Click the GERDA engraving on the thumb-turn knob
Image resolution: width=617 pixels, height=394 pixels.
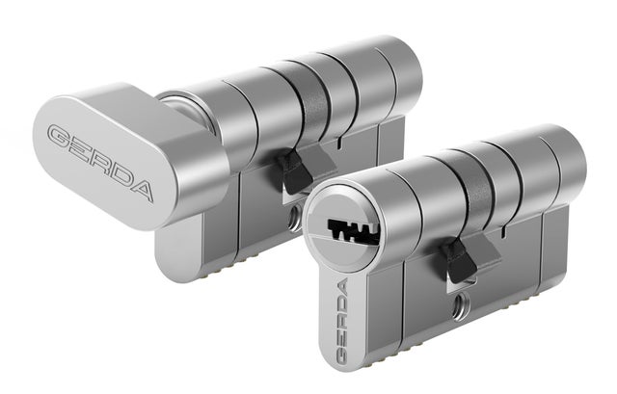pos(100,162)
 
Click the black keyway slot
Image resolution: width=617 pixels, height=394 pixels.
pos(353,231)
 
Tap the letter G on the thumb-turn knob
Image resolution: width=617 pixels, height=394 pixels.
pos(60,136)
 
